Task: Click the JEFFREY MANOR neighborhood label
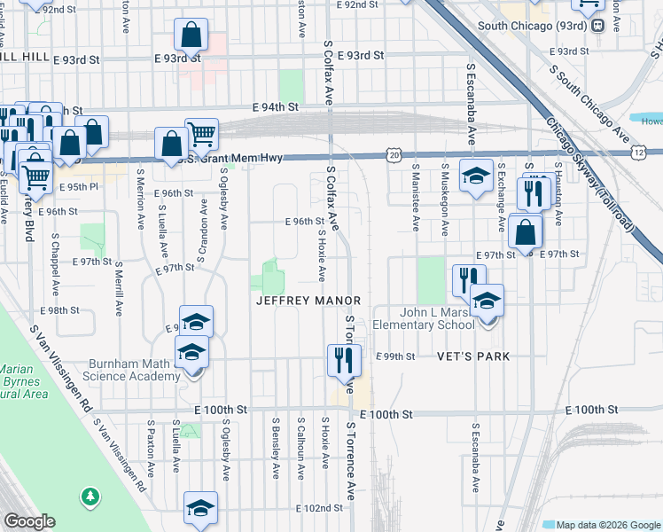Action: [308, 301]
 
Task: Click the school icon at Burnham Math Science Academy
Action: [191, 352]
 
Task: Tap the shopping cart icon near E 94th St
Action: [202, 134]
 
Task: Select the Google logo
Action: [29, 521]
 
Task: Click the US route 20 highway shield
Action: [394, 155]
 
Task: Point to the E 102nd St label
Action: [318, 508]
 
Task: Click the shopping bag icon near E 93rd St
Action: [191, 35]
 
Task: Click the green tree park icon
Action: [89, 497]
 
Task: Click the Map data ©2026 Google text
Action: [609, 524]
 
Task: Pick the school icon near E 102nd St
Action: [201, 508]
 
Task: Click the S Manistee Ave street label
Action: [416, 196]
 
